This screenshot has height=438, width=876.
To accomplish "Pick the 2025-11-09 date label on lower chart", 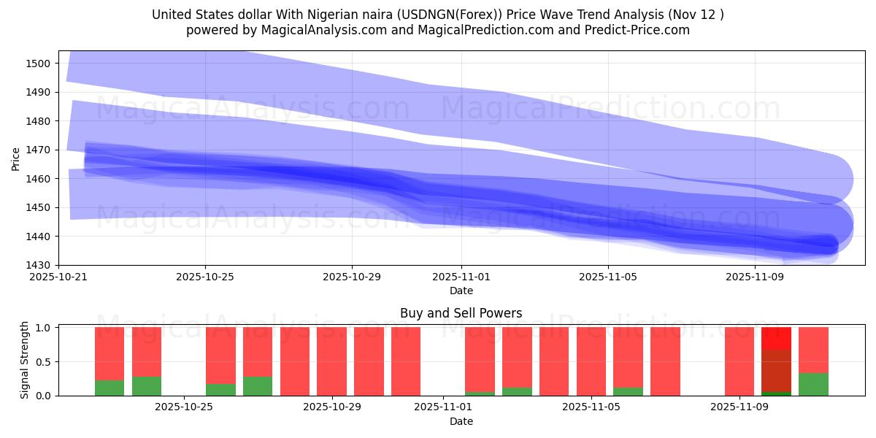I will [x=739, y=407].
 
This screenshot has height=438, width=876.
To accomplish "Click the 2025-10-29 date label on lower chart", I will [x=331, y=407].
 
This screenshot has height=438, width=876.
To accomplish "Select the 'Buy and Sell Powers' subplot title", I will [x=461, y=313].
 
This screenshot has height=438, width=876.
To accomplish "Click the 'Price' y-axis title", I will [x=16, y=158].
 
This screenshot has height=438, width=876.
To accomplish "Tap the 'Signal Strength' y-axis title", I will [x=25, y=361].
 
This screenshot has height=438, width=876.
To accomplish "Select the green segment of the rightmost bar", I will [x=813, y=384].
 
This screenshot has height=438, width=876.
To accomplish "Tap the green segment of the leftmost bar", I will [x=109, y=388].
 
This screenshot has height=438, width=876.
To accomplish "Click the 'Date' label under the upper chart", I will [x=461, y=291].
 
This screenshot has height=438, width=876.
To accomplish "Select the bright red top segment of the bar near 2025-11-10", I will [x=776, y=338].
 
